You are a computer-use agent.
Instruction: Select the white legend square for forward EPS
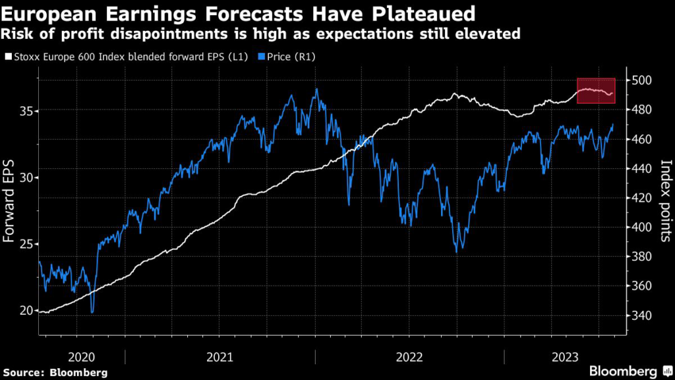(8, 57)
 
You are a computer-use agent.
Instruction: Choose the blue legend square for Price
(261, 57)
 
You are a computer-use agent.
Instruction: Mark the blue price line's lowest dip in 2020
(92, 312)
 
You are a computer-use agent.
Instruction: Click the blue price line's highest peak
(316, 89)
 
